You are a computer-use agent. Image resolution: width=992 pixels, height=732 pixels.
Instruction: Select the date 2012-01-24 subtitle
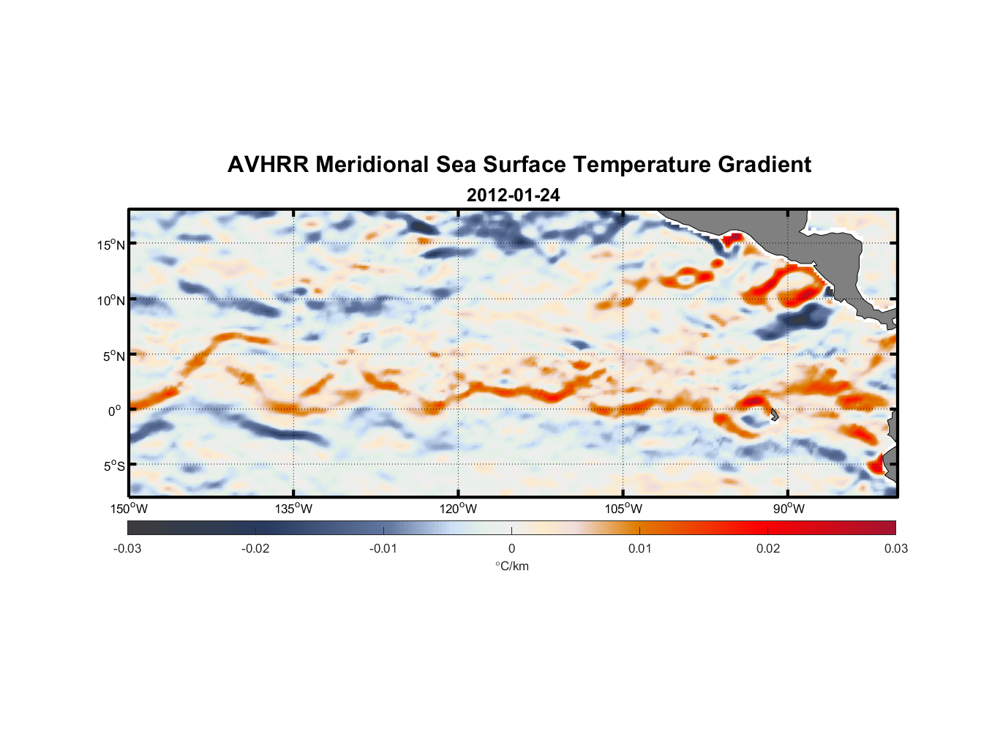(513, 195)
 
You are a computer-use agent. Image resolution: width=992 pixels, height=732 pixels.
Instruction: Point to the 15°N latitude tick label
(110, 244)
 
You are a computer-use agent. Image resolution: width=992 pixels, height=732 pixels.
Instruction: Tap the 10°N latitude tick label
(110, 300)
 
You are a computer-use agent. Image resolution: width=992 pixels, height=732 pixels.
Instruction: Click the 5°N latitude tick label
(113, 356)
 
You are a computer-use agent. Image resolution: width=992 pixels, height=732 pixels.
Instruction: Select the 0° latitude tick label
(115, 411)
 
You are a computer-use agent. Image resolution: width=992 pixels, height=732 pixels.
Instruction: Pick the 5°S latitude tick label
(113, 466)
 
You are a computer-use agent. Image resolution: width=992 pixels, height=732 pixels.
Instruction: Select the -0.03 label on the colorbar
(127, 549)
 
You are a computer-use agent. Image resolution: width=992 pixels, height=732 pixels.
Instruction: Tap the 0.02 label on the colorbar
(767, 549)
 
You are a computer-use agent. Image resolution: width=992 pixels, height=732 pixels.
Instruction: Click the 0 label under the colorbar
(511, 549)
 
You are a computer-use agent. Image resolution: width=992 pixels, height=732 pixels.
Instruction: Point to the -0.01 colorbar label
(383, 549)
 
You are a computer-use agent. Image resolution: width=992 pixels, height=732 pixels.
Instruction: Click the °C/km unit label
(511, 567)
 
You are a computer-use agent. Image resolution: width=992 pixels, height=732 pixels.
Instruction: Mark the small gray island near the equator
(774, 414)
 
